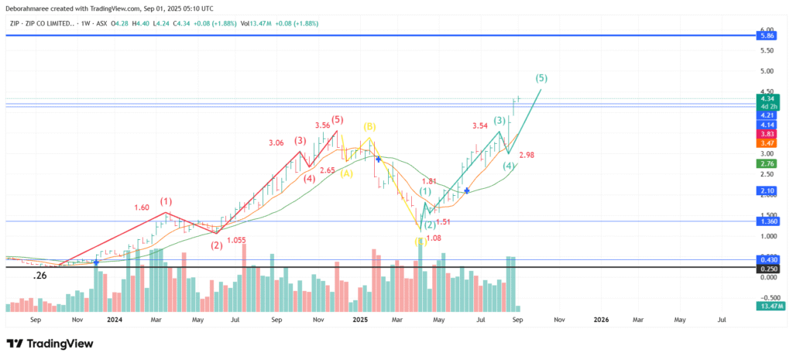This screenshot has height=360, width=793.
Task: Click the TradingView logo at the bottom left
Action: pos(50,344)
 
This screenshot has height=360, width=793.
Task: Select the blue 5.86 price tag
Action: pos(767,36)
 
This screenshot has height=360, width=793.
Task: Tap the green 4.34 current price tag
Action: pos(767,98)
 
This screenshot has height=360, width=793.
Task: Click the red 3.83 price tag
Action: pos(767,134)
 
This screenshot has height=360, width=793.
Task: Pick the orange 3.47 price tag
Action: pos(767,143)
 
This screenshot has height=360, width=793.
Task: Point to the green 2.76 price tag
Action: pos(767,163)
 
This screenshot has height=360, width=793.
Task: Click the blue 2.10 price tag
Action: pos(767,190)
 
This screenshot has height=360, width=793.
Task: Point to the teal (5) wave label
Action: pos(541,78)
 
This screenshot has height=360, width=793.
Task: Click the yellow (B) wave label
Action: pos(369,125)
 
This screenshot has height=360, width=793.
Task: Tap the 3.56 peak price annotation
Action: pos(322,125)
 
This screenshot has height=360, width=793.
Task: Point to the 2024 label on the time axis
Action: pos(114,318)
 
